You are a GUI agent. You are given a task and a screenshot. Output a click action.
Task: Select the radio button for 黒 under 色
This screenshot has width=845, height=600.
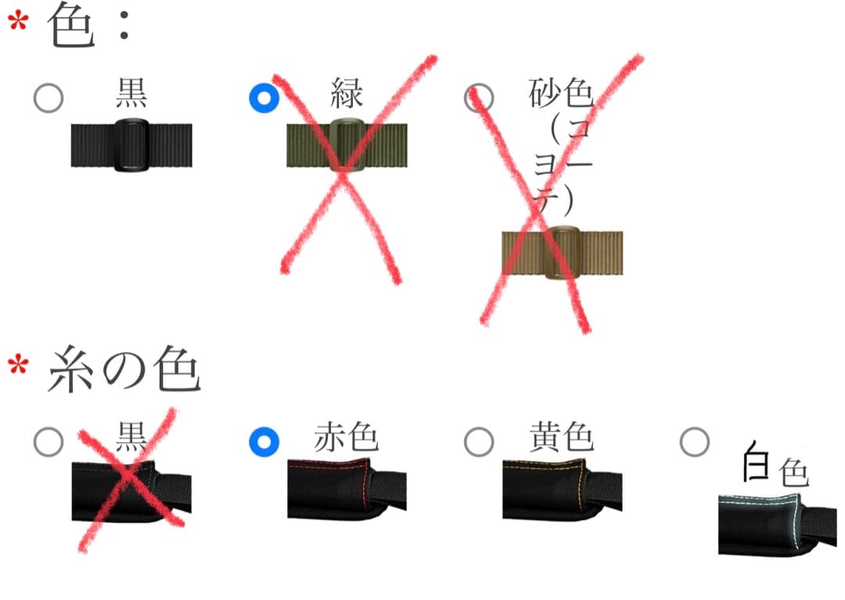49,99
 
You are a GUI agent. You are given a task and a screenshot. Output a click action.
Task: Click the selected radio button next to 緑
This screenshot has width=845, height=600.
264,99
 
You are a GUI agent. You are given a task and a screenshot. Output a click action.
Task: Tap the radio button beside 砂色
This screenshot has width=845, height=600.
479,99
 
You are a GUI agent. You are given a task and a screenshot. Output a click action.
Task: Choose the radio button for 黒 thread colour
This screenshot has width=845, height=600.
49,441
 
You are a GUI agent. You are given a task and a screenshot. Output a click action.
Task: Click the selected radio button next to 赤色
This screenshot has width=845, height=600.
264,441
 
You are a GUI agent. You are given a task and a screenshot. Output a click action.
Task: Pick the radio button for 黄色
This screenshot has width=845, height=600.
479,441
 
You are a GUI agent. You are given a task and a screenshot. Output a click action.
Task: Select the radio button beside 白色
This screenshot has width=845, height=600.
694,441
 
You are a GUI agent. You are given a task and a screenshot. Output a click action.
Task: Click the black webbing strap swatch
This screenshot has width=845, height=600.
131,146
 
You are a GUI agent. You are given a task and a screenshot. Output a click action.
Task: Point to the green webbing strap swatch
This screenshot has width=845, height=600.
347,146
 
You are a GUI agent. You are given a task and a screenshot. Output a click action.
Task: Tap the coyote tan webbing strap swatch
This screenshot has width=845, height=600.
562,253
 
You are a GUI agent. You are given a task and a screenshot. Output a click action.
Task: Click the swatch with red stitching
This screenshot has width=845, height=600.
347,490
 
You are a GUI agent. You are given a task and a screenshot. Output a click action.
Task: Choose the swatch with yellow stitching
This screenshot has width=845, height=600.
562,490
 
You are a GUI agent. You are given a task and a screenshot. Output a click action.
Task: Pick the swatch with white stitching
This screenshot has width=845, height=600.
778,524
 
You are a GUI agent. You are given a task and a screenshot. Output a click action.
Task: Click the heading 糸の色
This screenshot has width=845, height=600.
125,372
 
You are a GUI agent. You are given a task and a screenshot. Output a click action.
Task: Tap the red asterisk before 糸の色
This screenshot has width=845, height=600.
18,364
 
